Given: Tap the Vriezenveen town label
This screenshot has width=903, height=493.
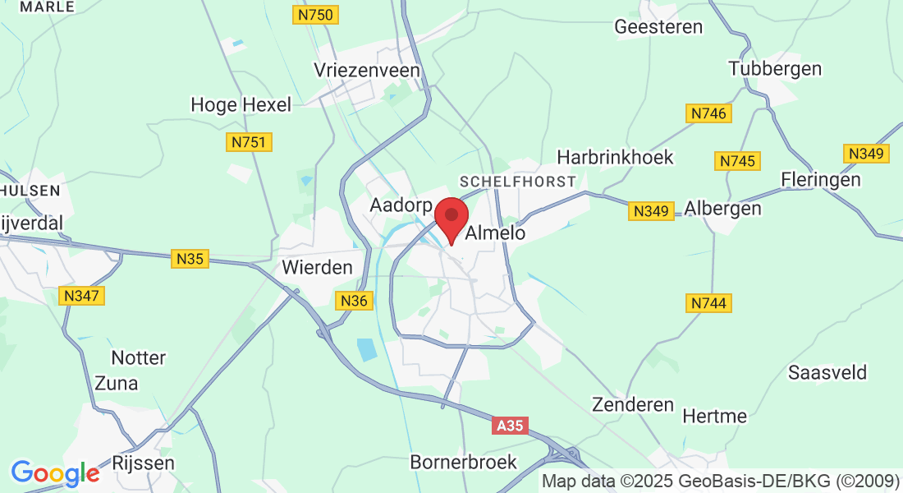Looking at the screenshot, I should (x=367, y=71).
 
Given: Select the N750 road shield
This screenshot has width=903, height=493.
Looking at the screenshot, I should (x=316, y=15).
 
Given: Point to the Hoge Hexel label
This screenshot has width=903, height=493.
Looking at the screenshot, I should (x=241, y=105).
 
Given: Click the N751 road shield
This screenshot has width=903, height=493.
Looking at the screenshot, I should (x=249, y=143).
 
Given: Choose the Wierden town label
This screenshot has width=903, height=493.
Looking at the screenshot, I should (x=317, y=267).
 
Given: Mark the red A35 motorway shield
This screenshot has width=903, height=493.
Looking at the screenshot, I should (x=510, y=426).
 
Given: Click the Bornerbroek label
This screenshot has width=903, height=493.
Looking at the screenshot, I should (x=464, y=462).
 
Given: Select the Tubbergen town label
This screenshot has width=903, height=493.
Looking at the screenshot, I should (x=775, y=68).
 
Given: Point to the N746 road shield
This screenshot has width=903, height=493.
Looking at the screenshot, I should (x=708, y=113).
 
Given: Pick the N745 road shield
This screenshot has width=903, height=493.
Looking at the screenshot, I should (x=737, y=161).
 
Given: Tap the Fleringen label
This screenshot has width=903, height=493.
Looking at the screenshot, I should (x=821, y=179).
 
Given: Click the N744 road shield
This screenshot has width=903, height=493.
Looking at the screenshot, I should (x=708, y=304).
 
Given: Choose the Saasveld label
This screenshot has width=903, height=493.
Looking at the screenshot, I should (x=827, y=372).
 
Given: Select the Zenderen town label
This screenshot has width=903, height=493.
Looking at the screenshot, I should (x=633, y=405).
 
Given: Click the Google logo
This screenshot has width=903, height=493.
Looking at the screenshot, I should (x=55, y=473).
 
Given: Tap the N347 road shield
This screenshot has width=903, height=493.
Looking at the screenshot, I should (x=84, y=295).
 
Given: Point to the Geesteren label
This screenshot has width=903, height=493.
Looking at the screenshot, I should (x=658, y=27).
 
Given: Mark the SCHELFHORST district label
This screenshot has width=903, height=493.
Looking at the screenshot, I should (x=517, y=181).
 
